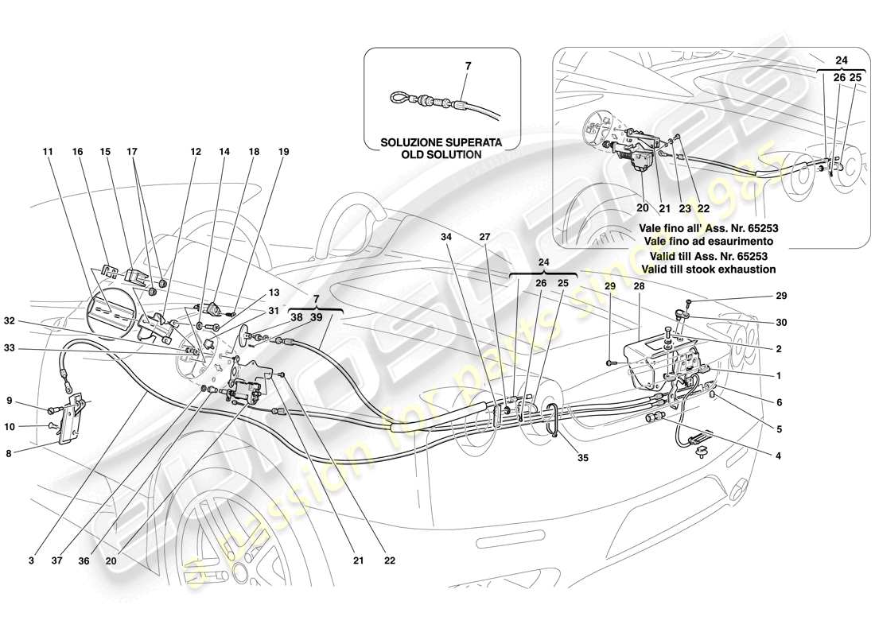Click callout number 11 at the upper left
coord(48,149)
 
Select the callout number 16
coord(77,149)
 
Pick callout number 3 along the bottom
coord(33,560)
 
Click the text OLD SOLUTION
coord(441,154)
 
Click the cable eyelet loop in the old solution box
coord(399,98)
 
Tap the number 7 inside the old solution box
coord(468,67)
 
